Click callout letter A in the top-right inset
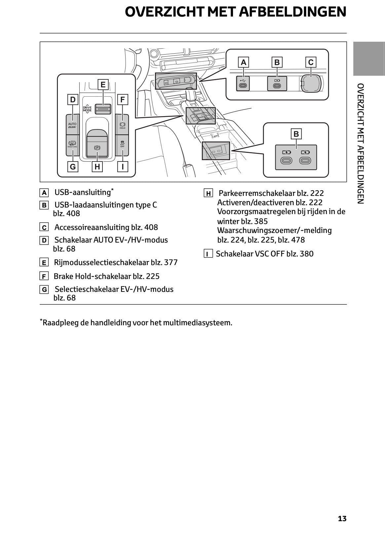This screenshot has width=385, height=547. click(x=244, y=62)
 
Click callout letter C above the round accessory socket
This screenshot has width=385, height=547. click(x=311, y=62)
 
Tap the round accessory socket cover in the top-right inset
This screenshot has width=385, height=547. click(x=311, y=83)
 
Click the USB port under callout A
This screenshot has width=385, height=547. click(x=243, y=83)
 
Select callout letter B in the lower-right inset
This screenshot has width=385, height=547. click(x=296, y=134)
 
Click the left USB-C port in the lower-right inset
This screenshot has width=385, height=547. click(x=287, y=160)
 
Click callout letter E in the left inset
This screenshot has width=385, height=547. click(x=103, y=84)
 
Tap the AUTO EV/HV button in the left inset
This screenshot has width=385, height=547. click(x=72, y=125)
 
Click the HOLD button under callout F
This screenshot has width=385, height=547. click(x=122, y=125)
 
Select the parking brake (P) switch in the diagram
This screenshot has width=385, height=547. click(x=97, y=148)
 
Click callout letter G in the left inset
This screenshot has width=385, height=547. click(x=73, y=167)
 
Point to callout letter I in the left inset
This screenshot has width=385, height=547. click(x=123, y=167)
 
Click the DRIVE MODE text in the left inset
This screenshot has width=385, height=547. click(x=87, y=109)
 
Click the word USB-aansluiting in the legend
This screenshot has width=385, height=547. click(x=82, y=192)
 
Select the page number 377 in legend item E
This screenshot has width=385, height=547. click(x=171, y=262)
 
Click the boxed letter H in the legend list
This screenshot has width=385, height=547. click(x=208, y=194)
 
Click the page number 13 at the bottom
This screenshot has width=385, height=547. click(x=342, y=519)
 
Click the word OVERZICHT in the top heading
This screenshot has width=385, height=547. click(x=165, y=12)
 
